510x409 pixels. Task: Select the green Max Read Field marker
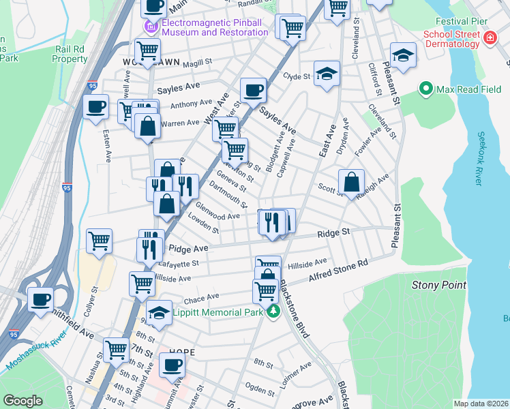click(x=427, y=89)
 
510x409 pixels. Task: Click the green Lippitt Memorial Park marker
click(x=273, y=312)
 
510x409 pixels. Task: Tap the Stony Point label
click(x=438, y=285)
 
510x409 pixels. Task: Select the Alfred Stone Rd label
click(x=338, y=270)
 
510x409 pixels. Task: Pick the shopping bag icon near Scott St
click(x=351, y=183)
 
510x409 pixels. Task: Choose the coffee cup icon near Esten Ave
click(x=95, y=107)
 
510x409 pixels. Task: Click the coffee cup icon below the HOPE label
click(x=172, y=365)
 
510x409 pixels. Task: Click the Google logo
click(x=22, y=400)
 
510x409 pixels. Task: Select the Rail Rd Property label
click(x=70, y=54)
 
